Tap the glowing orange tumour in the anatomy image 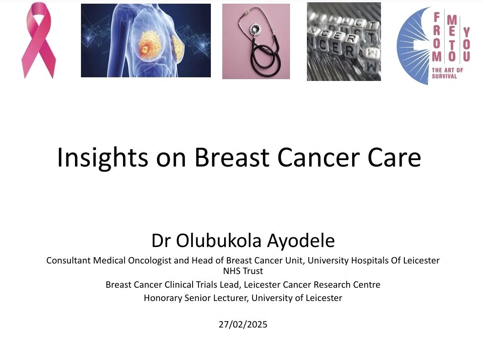pos(149,46)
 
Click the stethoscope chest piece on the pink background pos(255,30)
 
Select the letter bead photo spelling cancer pos(344,42)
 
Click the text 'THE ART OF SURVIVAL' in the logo pos(447,73)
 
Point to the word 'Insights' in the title pos(102,158)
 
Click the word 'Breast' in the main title pos(232,157)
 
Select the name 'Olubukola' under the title pos(218,241)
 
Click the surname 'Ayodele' pos(301,241)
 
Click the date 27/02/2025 pos(243,324)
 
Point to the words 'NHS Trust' pos(243,271)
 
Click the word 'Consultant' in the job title pos(69,261)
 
